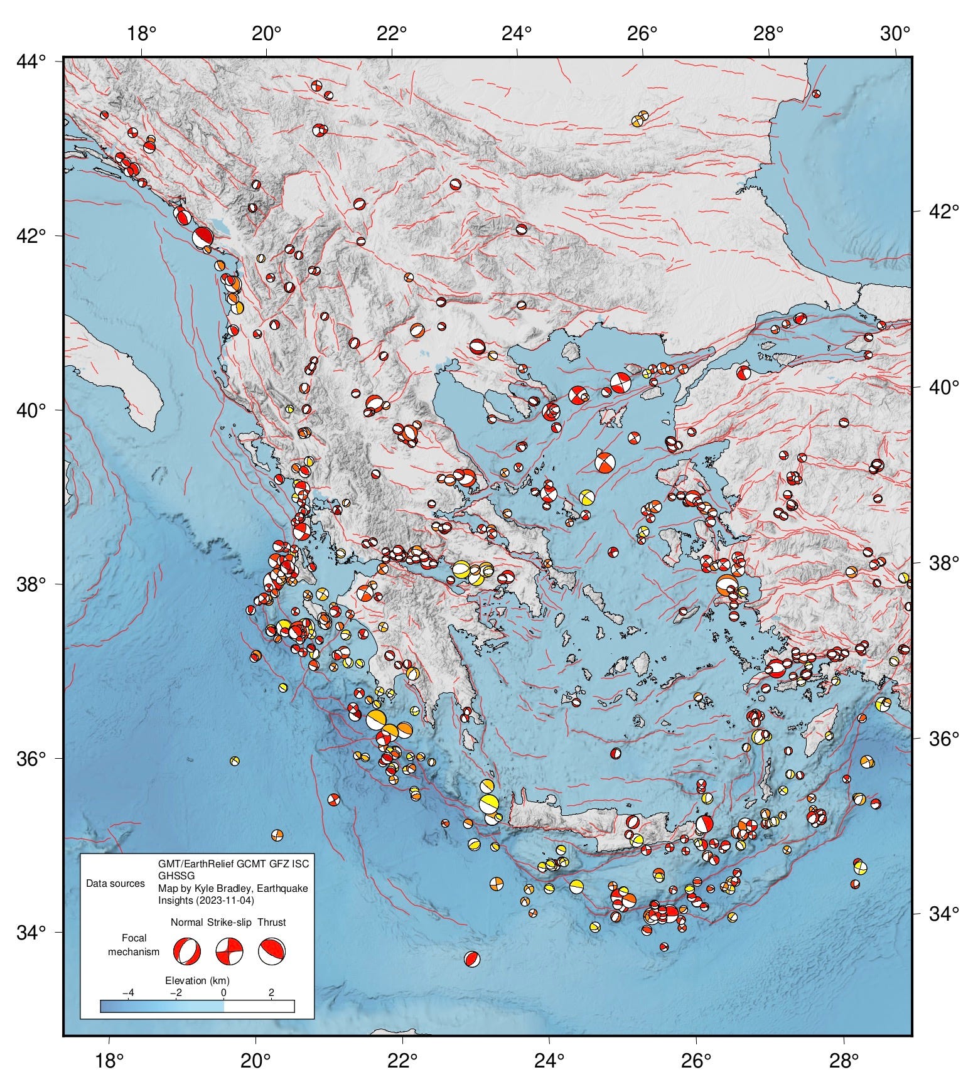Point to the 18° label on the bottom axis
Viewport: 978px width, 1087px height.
[x=109, y=1061]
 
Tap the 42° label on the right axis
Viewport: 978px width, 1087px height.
[x=943, y=211]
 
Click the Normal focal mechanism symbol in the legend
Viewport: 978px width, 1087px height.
[x=187, y=951]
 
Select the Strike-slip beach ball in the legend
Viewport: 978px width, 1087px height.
[x=230, y=951]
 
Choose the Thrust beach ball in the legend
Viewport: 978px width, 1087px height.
[x=272, y=951]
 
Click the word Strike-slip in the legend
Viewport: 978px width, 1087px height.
[x=229, y=922]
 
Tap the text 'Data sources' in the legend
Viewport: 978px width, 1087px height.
[x=116, y=884]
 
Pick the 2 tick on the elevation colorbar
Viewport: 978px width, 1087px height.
[x=271, y=993]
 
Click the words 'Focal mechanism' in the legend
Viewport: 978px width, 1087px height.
[x=134, y=945]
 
